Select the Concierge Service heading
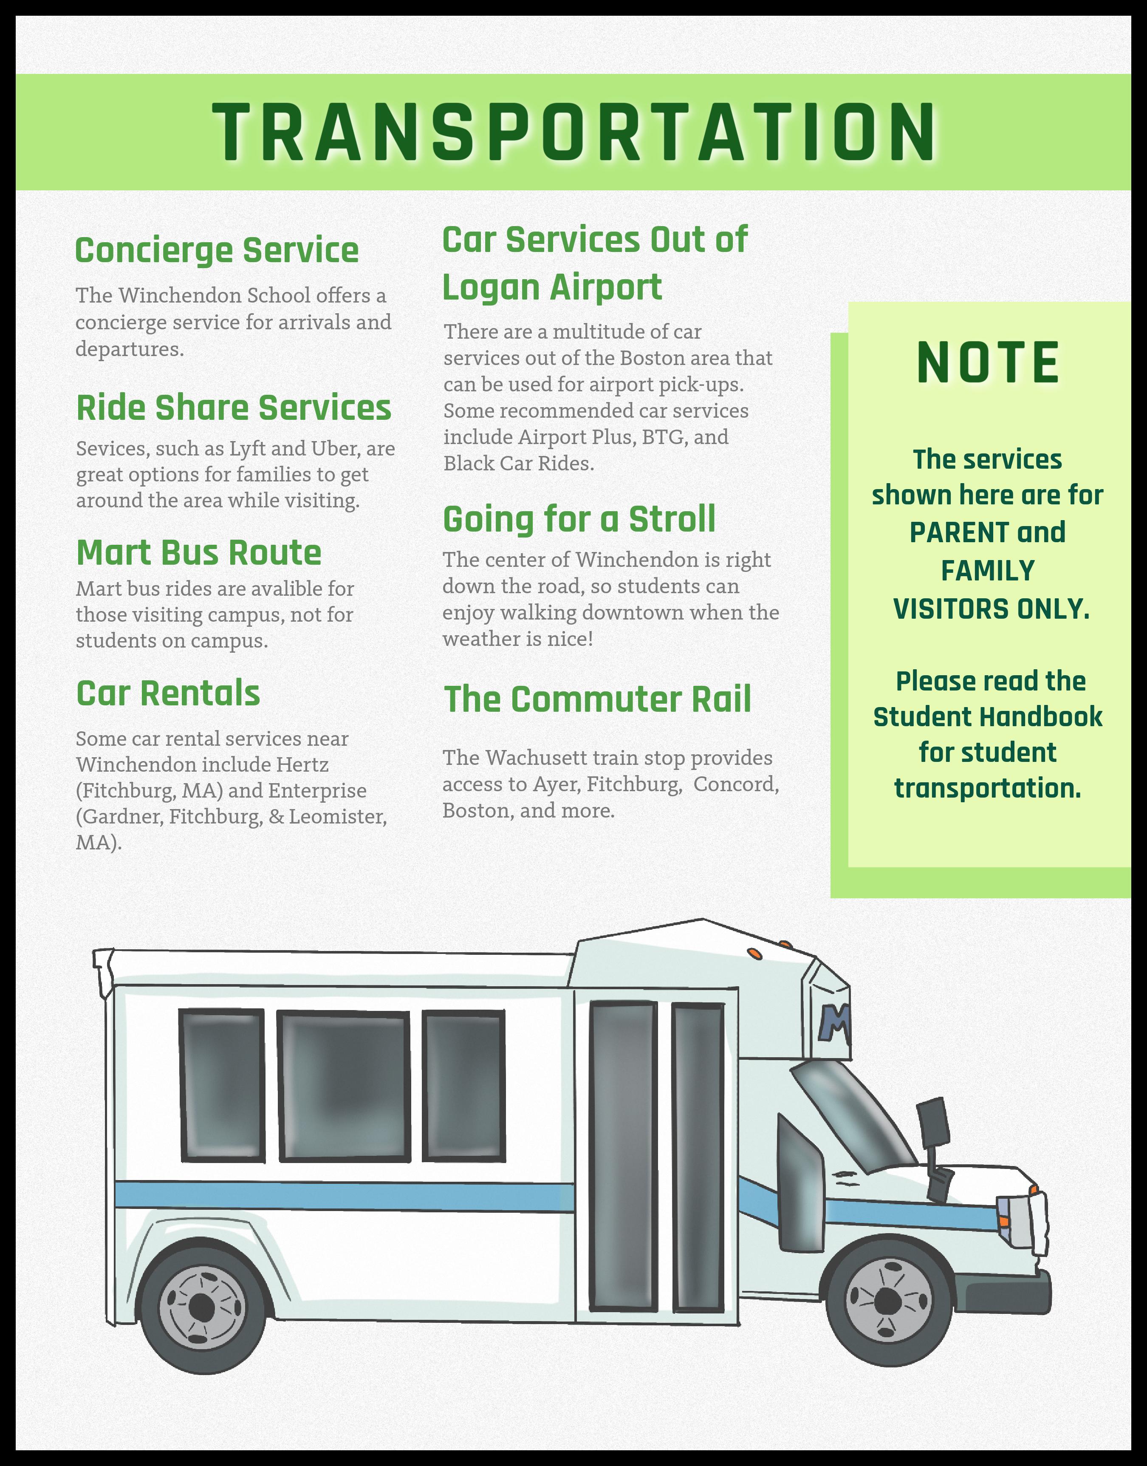217,250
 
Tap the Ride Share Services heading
234,408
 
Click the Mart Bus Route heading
199,553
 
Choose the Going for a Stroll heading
579,519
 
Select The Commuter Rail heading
597,699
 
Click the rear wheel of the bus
201,1308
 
